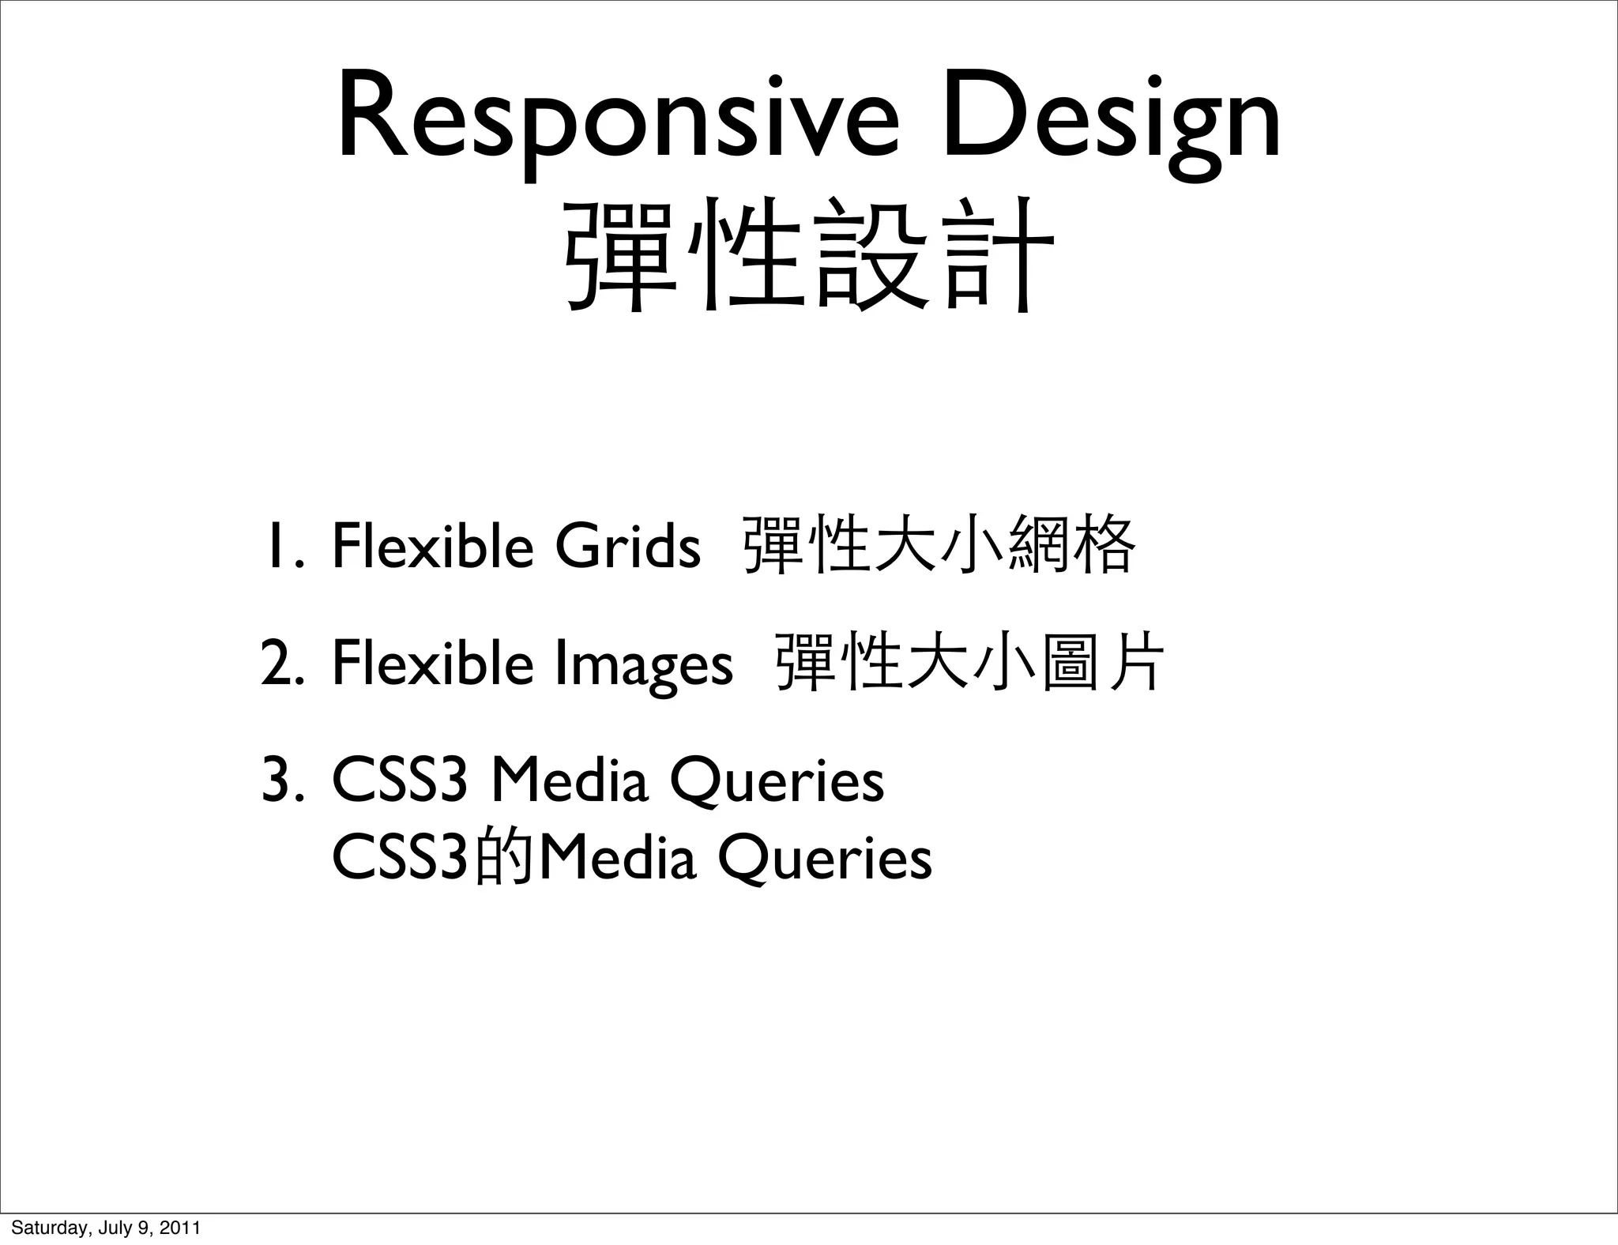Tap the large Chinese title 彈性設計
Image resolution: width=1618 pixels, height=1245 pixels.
tap(809, 253)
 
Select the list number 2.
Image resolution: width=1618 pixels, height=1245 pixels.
tap(280, 664)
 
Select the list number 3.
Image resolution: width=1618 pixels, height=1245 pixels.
tap(280, 781)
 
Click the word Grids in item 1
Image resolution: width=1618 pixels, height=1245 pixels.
tap(627, 546)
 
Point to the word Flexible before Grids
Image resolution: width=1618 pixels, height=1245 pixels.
tap(433, 546)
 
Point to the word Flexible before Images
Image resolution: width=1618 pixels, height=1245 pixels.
tap(433, 664)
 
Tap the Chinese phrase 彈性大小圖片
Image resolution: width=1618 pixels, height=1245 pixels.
tap(970, 664)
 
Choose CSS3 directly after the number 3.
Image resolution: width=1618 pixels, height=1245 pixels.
tap(400, 781)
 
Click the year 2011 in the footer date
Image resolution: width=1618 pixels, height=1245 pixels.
tap(181, 1228)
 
